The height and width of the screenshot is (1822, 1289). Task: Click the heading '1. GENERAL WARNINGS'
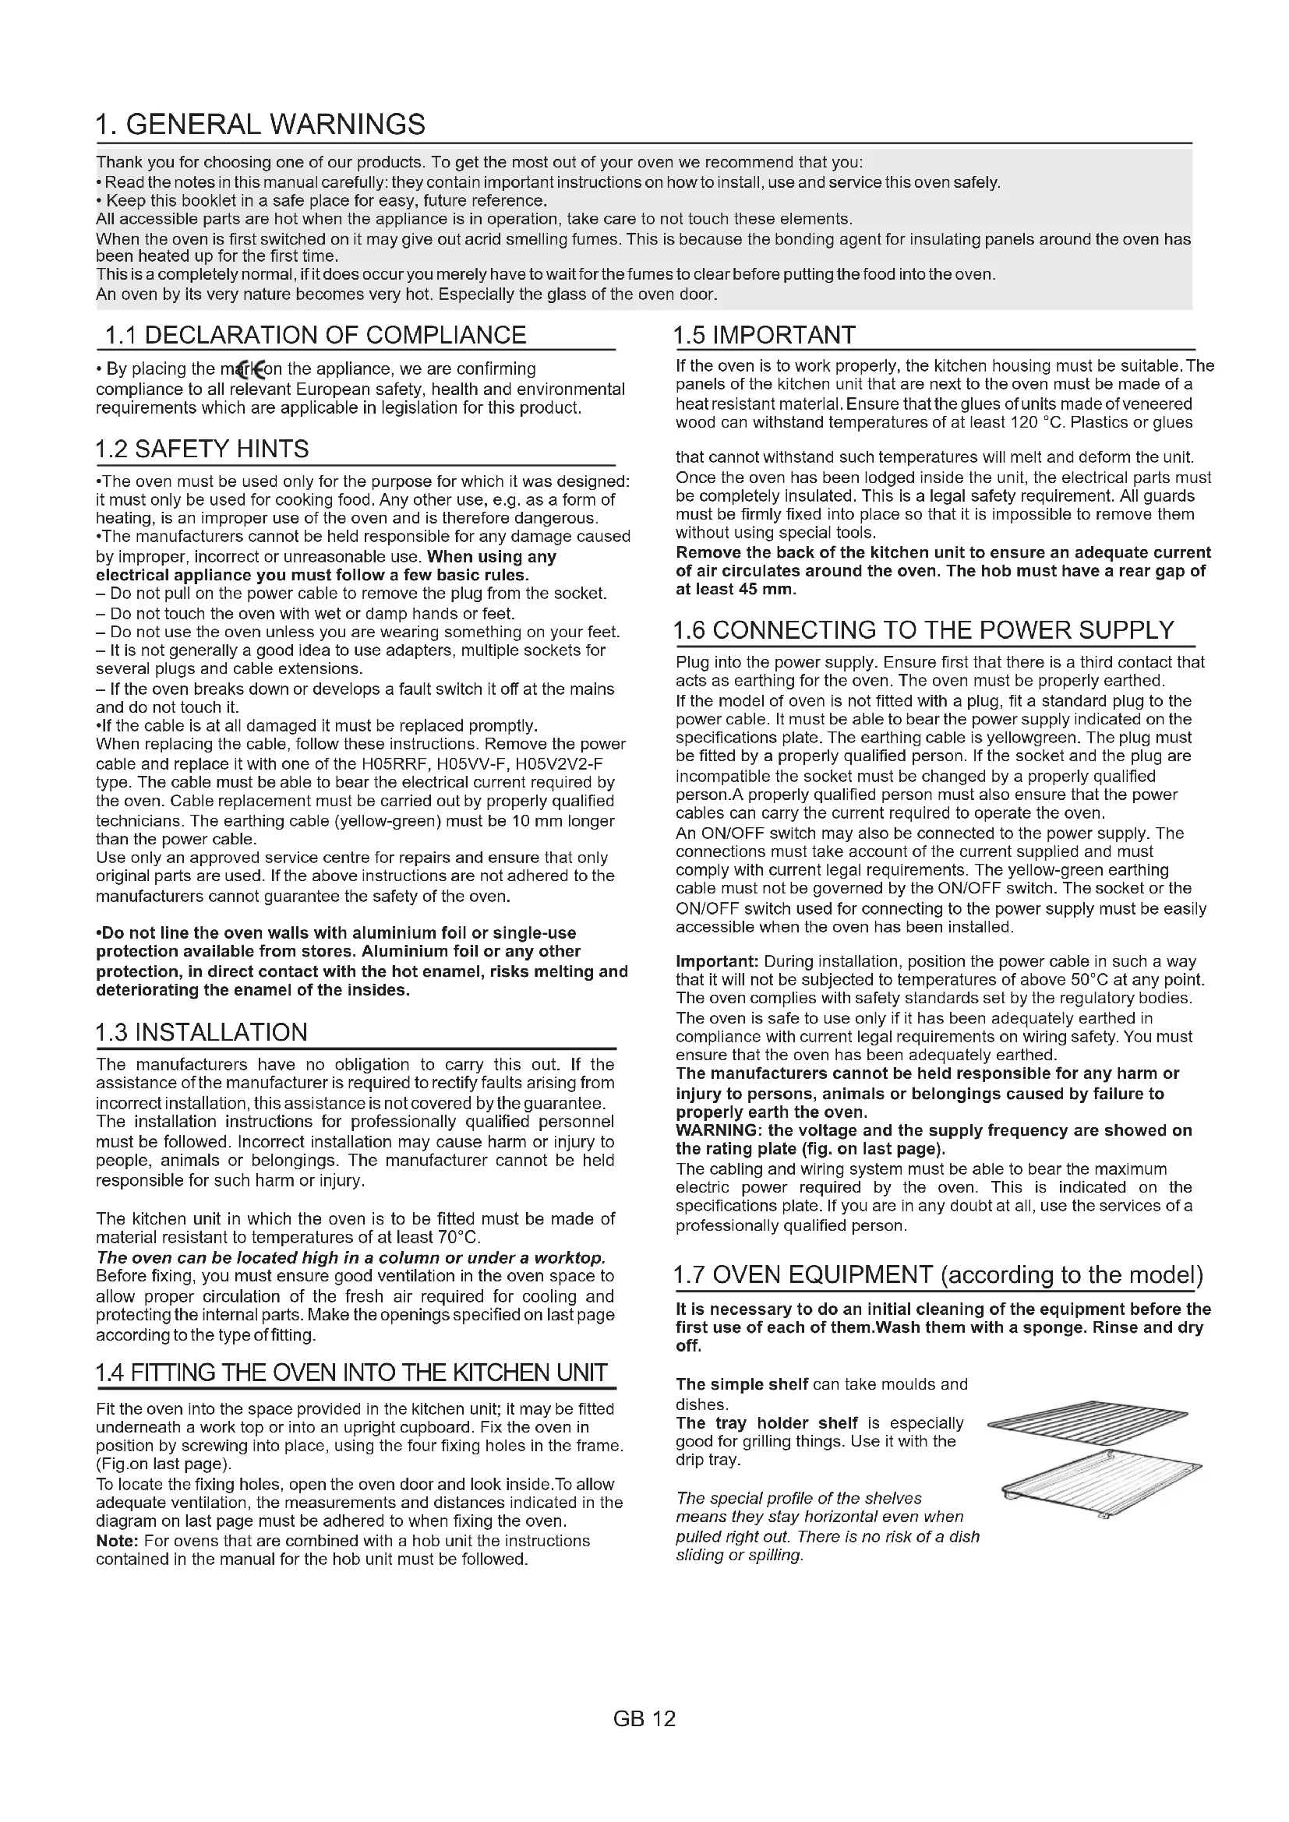pyautogui.click(x=260, y=125)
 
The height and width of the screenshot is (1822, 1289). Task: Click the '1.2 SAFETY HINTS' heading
pyautogui.click(x=203, y=449)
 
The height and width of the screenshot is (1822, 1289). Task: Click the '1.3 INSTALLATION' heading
pyautogui.click(x=201, y=1032)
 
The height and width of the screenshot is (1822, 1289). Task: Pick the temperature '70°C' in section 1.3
pyautogui.click(x=459, y=1237)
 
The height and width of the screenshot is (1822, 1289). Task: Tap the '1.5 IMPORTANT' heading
pyautogui.click(x=765, y=335)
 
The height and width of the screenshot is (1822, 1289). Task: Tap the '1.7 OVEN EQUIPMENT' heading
pyautogui.click(x=938, y=1275)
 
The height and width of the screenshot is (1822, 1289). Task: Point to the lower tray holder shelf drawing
pyautogui.click(x=1100, y=1482)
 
